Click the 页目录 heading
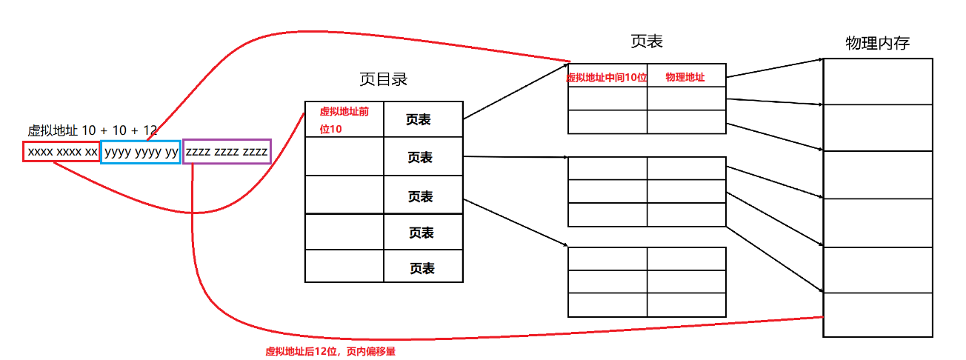click(383, 79)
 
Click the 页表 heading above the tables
click(646, 41)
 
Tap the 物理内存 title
click(877, 43)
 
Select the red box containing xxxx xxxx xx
click(61, 152)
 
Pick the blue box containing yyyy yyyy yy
click(141, 152)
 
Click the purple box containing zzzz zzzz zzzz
click(227, 152)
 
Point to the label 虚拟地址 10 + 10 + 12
click(92, 130)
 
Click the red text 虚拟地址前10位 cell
click(344, 119)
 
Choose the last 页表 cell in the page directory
click(423, 268)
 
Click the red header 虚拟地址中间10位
click(607, 76)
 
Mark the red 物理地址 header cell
click(686, 76)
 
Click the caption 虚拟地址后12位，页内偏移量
click(330, 352)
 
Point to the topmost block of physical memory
click(877, 81)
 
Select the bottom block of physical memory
click(877, 315)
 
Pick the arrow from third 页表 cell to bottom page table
click(516, 222)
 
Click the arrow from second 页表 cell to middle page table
click(516, 157)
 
